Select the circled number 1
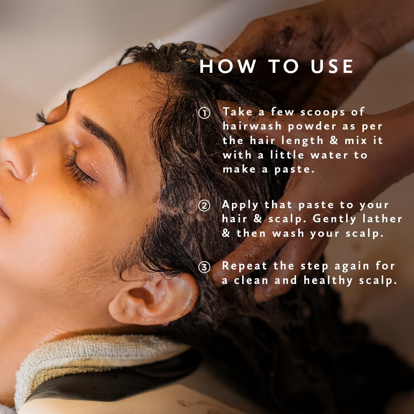[204, 113]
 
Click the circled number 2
[204, 206]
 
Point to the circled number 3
[204, 267]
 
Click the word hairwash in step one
[252, 126]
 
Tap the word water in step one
[329, 155]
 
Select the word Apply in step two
[240, 206]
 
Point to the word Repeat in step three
[245, 267]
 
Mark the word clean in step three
[251, 280]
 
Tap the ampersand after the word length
[334, 140]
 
